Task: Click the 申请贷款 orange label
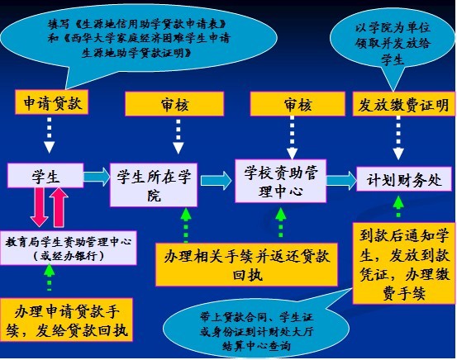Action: [x=51, y=102]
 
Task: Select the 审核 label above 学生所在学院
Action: [x=174, y=104]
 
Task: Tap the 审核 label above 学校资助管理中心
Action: [x=298, y=104]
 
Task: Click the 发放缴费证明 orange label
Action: [x=404, y=104]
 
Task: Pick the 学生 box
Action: [x=45, y=175]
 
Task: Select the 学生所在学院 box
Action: [x=154, y=185]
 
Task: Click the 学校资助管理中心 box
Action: [x=280, y=181]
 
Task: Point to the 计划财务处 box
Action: [x=404, y=179]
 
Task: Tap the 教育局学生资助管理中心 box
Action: [x=69, y=249]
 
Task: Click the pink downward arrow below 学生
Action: [x=40, y=206]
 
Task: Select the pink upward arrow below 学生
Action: [x=59, y=207]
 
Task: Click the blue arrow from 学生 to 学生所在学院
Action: [x=97, y=177]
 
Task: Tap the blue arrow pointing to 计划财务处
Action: [x=341, y=180]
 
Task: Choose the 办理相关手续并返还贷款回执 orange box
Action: [x=246, y=264]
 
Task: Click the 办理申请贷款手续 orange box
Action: [x=66, y=320]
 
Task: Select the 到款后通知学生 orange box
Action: [x=404, y=263]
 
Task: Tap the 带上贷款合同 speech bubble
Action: [x=256, y=330]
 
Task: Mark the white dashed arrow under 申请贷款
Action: [x=50, y=135]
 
